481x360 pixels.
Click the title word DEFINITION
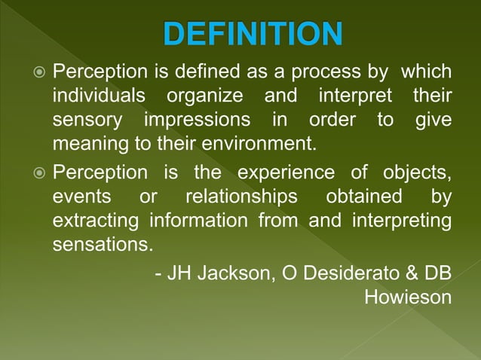pyautogui.click(x=253, y=33)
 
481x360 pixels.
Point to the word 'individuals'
pyautogui.click(x=98, y=97)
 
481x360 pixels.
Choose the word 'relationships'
pyautogui.click(x=240, y=197)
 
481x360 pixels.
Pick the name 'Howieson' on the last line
pyautogui.click(x=408, y=297)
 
